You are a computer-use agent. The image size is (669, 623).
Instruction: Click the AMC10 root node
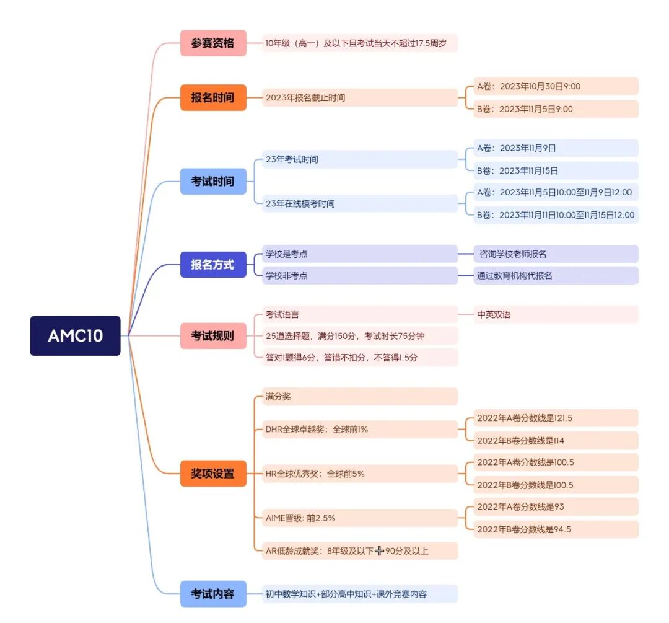coord(75,336)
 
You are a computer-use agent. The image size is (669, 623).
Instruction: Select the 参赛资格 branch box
coord(213,43)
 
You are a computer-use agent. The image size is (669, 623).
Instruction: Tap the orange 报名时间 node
coord(213,98)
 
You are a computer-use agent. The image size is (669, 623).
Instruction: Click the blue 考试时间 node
coord(213,182)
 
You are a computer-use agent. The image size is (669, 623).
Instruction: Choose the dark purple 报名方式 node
coord(213,265)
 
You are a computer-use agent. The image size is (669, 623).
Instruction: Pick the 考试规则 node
coord(213,336)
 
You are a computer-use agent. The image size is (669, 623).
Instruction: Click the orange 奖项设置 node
coord(213,474)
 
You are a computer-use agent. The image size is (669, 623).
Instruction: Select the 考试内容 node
coord(213,594)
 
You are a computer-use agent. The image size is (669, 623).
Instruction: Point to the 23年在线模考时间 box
coord(359,203)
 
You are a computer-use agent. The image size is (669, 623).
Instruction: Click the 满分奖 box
coord(359,397)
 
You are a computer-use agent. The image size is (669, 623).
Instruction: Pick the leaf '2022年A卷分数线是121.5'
coord(555,418)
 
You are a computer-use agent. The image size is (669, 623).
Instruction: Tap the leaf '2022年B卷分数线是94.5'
coord(555,529)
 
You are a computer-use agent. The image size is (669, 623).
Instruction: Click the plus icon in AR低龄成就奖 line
coord(380,550)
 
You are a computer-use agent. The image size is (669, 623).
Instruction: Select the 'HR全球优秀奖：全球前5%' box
coord(359,474)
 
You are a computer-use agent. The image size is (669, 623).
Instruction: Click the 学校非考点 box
coord(359,275)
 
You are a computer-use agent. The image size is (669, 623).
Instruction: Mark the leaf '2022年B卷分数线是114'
coord(555,441)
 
